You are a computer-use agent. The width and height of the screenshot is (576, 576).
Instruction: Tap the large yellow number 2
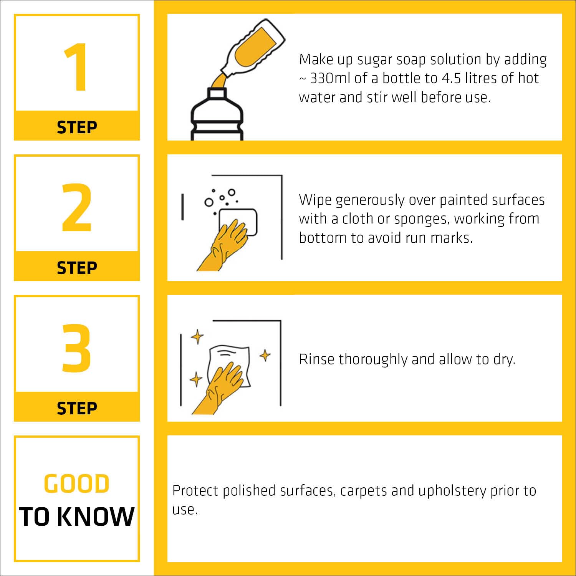[x=77, y=207]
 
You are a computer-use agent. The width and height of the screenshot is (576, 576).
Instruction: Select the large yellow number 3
[x=76, y=348]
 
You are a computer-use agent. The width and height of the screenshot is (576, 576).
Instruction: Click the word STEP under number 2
[x=77, y=268]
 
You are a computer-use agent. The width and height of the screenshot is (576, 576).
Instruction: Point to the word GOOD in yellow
[x=77, y=483]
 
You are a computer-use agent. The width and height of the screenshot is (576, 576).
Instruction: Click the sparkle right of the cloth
[x=265, y=355]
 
